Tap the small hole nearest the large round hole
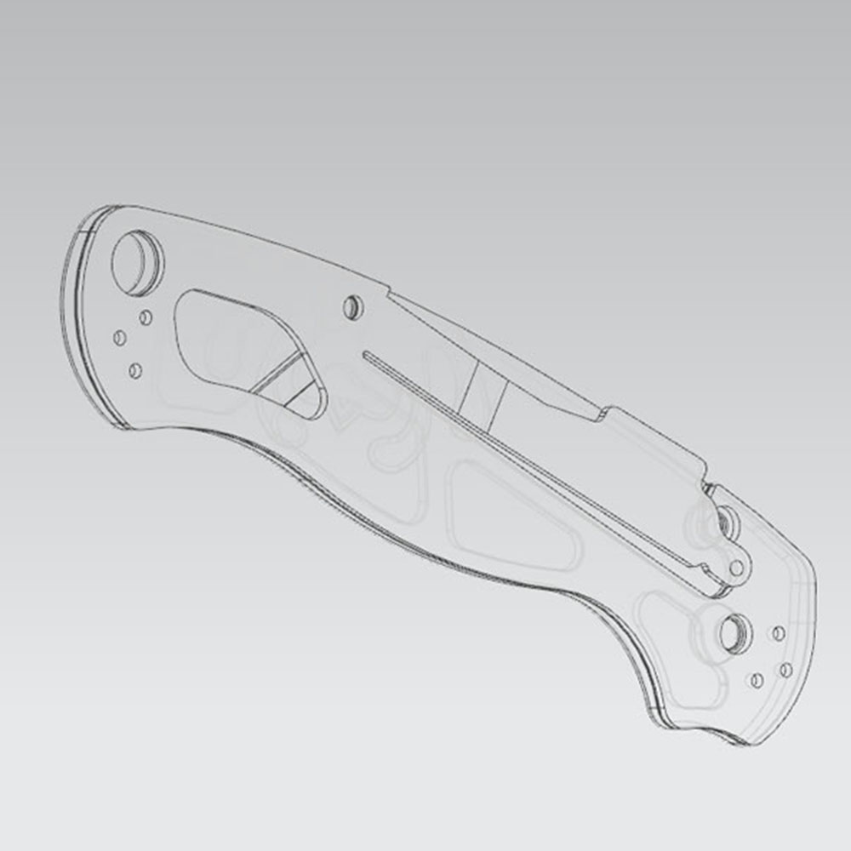click(146, 317)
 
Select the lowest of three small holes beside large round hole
click(134, 371)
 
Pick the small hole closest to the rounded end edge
click(119, 339)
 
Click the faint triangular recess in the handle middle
click(511, 519)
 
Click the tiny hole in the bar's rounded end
click(737, 568)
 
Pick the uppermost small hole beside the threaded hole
click(777, 633)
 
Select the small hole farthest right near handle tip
click(785, 671)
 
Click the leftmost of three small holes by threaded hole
click(754, 680)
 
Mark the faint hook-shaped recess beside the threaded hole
click(672, 630)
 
